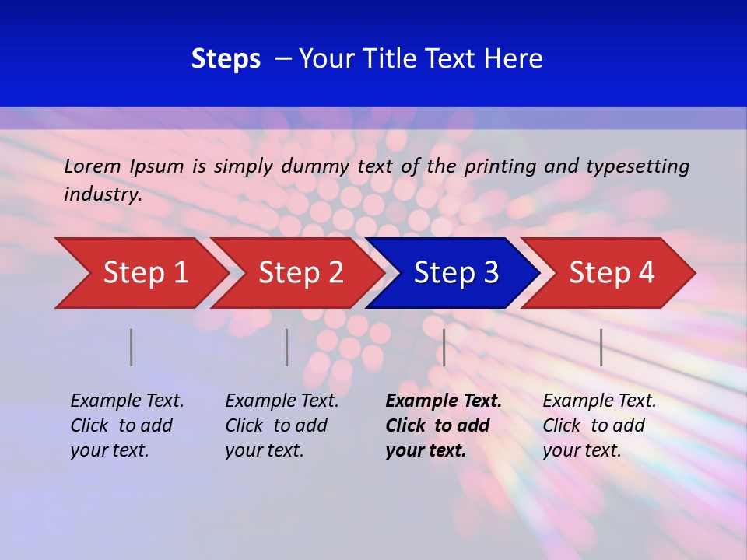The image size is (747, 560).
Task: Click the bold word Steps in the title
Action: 226,59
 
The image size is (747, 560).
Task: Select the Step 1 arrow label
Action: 146,273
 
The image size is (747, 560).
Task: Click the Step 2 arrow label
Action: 301,273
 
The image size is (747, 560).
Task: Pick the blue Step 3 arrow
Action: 456,273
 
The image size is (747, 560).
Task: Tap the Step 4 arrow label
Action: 612,273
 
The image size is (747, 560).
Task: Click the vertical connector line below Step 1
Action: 131,347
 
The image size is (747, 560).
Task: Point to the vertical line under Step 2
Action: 286,347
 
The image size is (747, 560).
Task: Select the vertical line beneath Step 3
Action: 444,347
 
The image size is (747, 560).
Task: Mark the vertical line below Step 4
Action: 601,347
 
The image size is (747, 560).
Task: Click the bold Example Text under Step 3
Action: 444,401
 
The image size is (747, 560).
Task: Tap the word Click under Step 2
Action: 245,425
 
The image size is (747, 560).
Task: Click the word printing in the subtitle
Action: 493,166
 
